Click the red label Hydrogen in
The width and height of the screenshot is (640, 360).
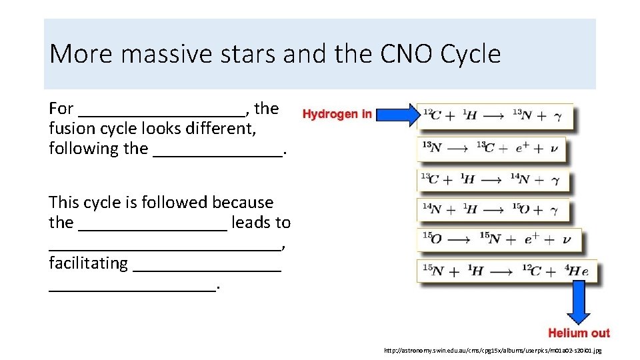coord(337,114)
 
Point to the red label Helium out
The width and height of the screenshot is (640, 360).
coord(579,333)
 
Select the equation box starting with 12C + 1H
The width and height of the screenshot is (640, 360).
coord(495,116)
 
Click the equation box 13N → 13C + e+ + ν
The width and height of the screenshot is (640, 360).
coord(491,148)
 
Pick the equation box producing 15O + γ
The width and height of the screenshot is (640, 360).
coord(494,210)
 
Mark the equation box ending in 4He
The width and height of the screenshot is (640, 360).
coord(507,271)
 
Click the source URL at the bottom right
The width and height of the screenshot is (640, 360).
coord(493,350)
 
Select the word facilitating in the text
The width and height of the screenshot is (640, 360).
coord(88,263)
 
